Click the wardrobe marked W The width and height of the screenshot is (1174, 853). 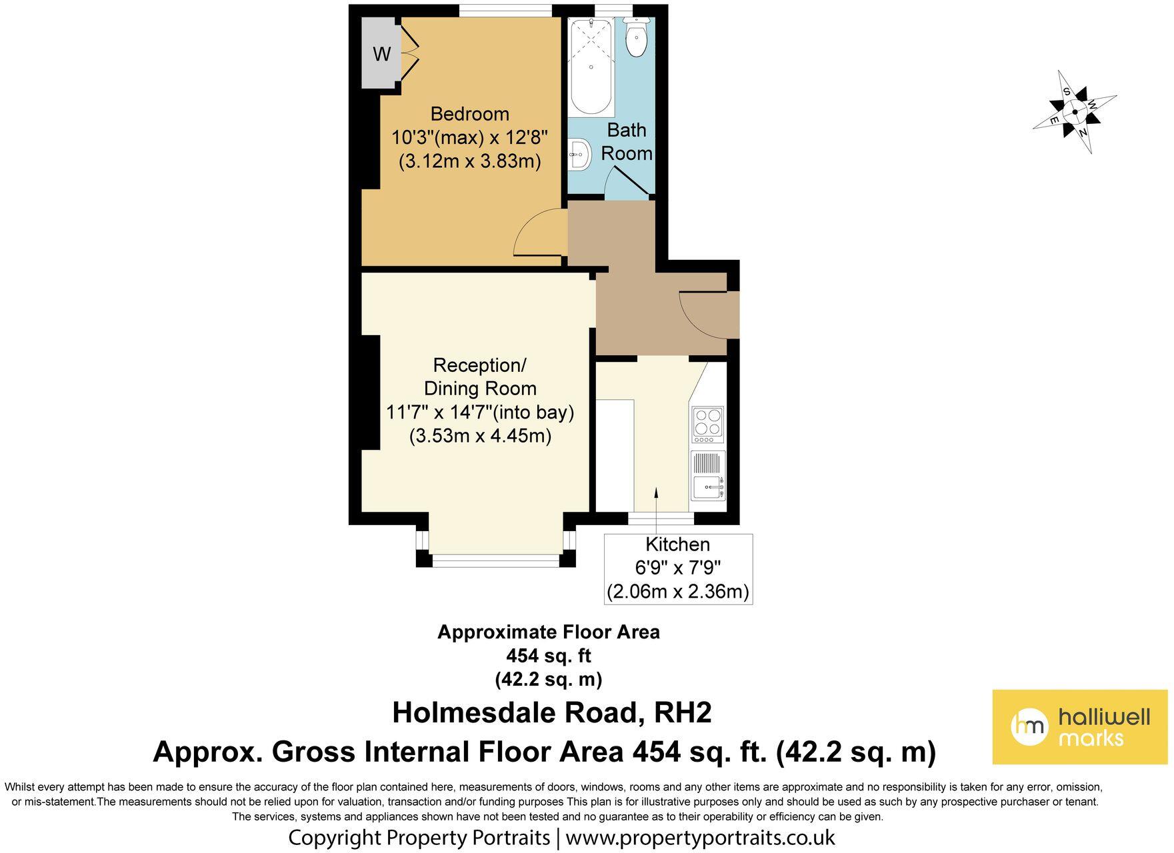380,53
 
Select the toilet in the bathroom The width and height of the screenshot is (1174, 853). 637,37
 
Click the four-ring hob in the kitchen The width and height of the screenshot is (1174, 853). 708,425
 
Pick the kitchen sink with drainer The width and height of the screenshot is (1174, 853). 709,476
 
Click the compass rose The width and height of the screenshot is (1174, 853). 1075,112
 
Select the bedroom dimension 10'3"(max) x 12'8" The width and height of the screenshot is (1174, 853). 469,137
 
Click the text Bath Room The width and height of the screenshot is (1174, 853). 627,141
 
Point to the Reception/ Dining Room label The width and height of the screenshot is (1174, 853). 480,377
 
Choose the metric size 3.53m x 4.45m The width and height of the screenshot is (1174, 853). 480,436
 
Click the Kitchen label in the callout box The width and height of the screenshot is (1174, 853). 678,544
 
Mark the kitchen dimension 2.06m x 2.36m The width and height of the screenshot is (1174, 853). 678,591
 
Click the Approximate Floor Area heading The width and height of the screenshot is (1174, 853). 549,632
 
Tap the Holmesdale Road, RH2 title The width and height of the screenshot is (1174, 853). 552,712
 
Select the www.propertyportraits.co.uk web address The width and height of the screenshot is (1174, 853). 700,837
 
